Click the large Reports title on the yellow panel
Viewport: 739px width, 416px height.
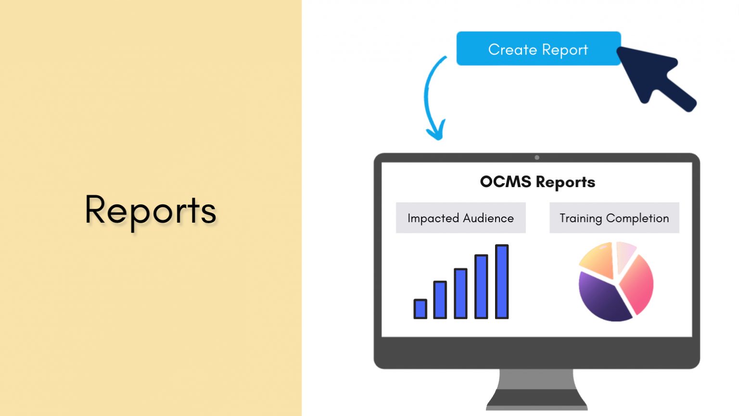tap(151, 211)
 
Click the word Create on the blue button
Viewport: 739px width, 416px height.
tap(512, 50)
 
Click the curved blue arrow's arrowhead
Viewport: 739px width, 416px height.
tap(436, 132)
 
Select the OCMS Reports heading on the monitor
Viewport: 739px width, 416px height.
tap(537, 182)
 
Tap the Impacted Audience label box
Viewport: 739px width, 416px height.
tap(460, 218)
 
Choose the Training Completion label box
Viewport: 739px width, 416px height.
tap(614, 218)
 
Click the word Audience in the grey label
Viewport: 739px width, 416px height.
tap(488, 218)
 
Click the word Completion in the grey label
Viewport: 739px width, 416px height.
tap(637, 218)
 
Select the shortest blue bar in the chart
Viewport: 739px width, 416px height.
tap(420, 309)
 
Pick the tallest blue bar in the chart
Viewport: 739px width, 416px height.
tap(502, 281)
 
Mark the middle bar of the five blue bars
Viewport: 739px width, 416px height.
tap(460, 293)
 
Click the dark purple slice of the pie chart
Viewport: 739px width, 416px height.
tap(601, 298)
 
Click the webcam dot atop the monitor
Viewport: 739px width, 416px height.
tap(537, 158)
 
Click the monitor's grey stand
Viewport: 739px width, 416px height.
tap(537, 390)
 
